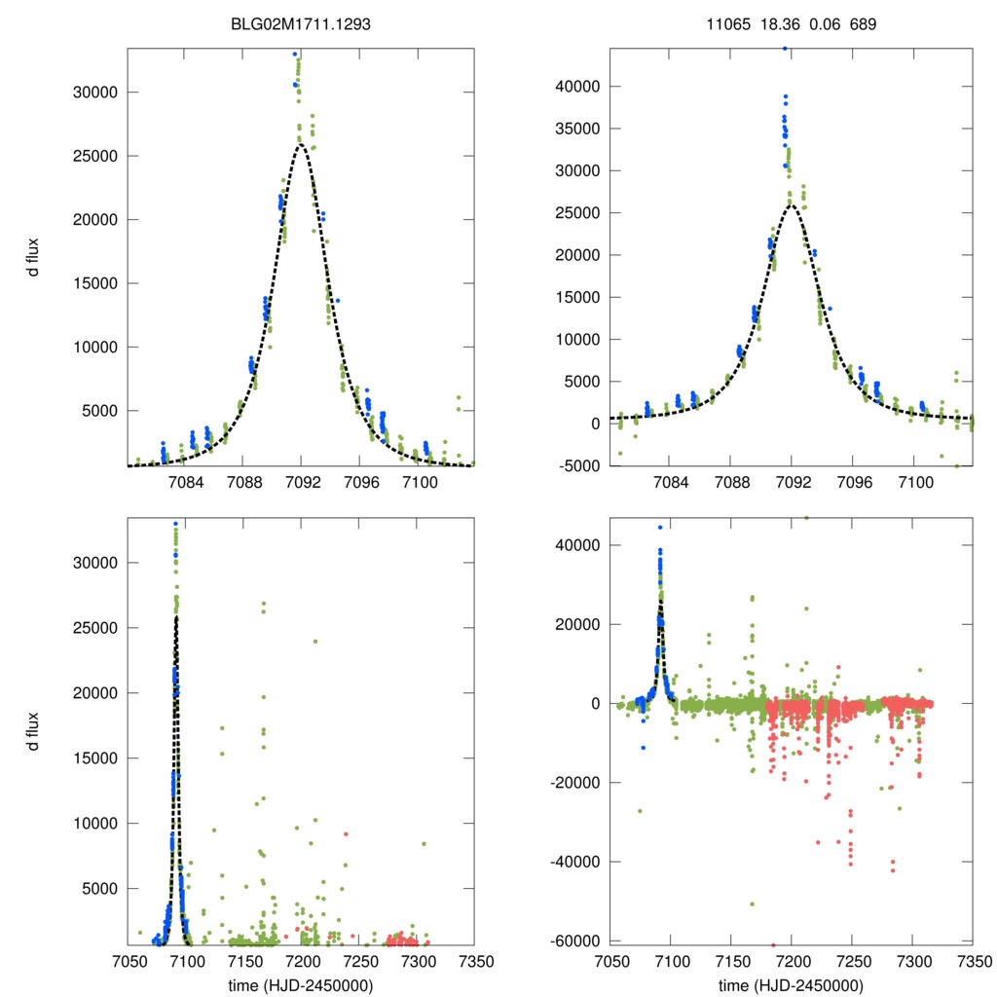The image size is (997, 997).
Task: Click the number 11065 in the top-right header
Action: pyautogui.click(x=728, y=23)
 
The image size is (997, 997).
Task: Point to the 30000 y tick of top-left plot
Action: pyautogui.click(x=96, y=92)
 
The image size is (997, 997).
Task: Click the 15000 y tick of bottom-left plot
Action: pyautogui.click(x=96, y=757)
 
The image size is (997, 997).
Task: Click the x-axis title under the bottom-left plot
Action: pyautogui.click(x=301, y=984)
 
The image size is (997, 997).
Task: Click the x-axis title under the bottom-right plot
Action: pyautogui.click(x=792, y=984)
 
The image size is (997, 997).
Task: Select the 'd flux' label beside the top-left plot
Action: pyautogui.click(x=33, y=257)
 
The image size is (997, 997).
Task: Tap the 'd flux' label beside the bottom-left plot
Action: pyautogui.click(x=33, y=732)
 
